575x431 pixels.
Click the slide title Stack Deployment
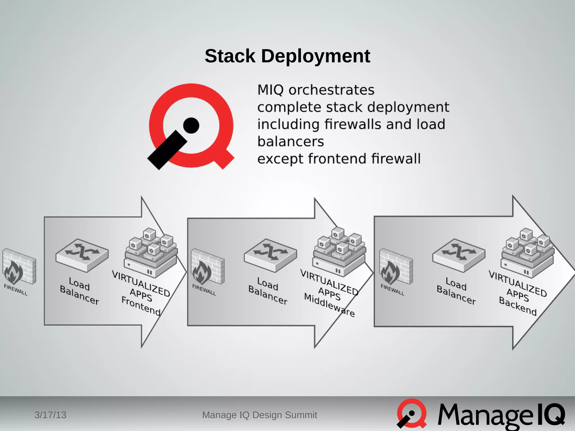287,56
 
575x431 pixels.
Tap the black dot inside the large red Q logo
191,125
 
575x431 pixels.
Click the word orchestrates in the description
331,90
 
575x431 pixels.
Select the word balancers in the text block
291,141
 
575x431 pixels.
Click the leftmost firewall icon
19,267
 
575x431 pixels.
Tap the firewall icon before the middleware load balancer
207,267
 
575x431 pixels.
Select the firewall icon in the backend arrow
396,267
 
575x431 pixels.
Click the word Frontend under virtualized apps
141,306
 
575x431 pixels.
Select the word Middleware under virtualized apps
329,305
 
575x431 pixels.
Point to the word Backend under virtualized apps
518,306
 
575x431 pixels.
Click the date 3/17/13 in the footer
50,415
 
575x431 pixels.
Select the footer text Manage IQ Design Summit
259,415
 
